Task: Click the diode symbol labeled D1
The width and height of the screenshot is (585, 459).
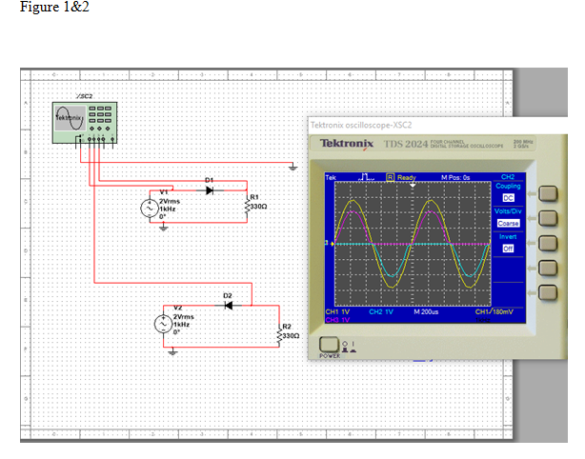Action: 210,190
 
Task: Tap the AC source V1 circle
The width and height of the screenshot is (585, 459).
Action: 149,208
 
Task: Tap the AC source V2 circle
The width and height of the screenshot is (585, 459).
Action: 162,324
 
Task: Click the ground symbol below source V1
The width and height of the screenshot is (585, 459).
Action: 163,228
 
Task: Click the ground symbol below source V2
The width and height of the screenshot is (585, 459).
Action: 172,351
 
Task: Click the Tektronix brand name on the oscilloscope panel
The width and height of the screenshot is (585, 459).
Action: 347,143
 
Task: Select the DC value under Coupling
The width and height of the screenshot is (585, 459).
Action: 508,197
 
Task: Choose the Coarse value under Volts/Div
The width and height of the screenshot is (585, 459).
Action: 508,223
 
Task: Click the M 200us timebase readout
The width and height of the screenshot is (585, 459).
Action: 426,311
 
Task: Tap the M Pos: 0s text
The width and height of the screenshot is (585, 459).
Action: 456,178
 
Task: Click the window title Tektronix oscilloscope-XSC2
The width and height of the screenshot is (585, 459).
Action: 368,125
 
